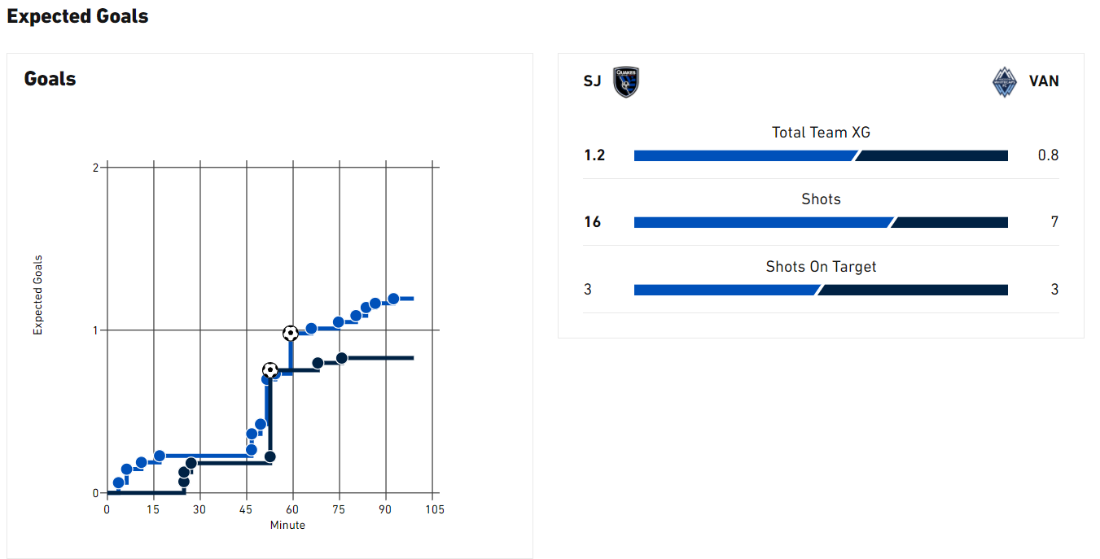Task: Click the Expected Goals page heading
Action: click(x=77, y=16)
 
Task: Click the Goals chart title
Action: click(x=50, y=79)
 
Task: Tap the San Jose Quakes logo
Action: click(x=626, y=81)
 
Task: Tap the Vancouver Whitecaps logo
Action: click(x=1005, y=81)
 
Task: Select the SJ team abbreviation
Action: click(x=593, y=81)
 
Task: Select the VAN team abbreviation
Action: click(x=1044, y=81)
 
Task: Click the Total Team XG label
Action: click(x=821, y=132)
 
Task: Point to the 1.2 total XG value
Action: click(x=594, y=155)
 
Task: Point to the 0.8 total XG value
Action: click(x=1048, y=155)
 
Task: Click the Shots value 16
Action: click(x=593, y=222)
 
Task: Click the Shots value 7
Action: click(x=1054, y=222)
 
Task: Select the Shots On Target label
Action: click(x=821, y=266)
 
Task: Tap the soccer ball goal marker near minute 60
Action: click(x=291, y=333)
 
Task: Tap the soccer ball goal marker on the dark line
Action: click(x=270, y=370)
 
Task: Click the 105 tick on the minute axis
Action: click(x=435, y=509)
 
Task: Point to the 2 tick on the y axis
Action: click(x=95, y=168)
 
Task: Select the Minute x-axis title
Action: click(x=287, y=526)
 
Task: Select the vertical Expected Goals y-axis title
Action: click(x=37, y=295)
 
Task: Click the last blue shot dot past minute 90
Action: click(x=393, y=299)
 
